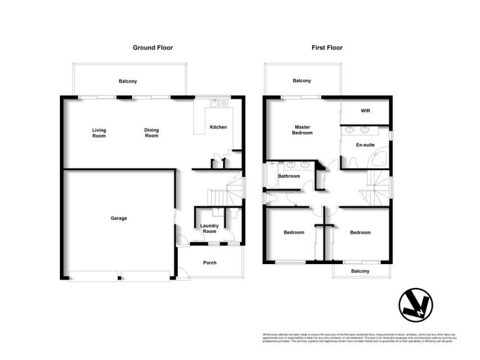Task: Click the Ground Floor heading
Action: (x=152, y=47)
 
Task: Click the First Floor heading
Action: (x=326, y=47)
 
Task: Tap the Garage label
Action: (x=118, y=218)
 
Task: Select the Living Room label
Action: (x=99, y=133)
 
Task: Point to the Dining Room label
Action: (x=151, y=133)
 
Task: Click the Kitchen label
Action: (x=217, y=127)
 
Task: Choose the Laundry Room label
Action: (x=209, y=229)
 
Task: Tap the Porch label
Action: (x=209, y=263)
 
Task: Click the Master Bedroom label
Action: (x=303, y=130)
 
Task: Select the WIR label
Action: (x=365, y=112)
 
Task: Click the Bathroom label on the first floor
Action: (x=289, y=176)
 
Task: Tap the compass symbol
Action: (x=416, y=305)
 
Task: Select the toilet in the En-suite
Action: (x=353, y=161)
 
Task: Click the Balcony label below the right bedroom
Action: (x=361, y=271)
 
